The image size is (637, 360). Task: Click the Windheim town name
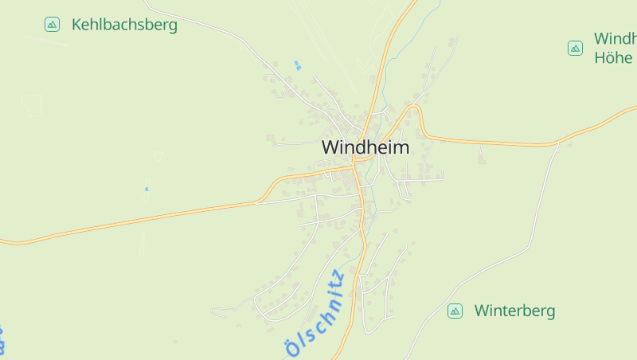(365, 147)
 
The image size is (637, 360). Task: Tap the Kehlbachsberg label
(124, 25)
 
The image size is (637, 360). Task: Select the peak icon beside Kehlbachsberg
(53, 25)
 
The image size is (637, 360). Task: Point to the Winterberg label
(514, 311)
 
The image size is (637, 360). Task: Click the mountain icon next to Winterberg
(455, 311)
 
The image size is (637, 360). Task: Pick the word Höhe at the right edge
(612, 57)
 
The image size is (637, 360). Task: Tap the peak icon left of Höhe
(575, 49)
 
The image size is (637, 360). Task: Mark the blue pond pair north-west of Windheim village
(298, 65)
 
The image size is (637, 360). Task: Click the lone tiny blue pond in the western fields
(146, 189)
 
